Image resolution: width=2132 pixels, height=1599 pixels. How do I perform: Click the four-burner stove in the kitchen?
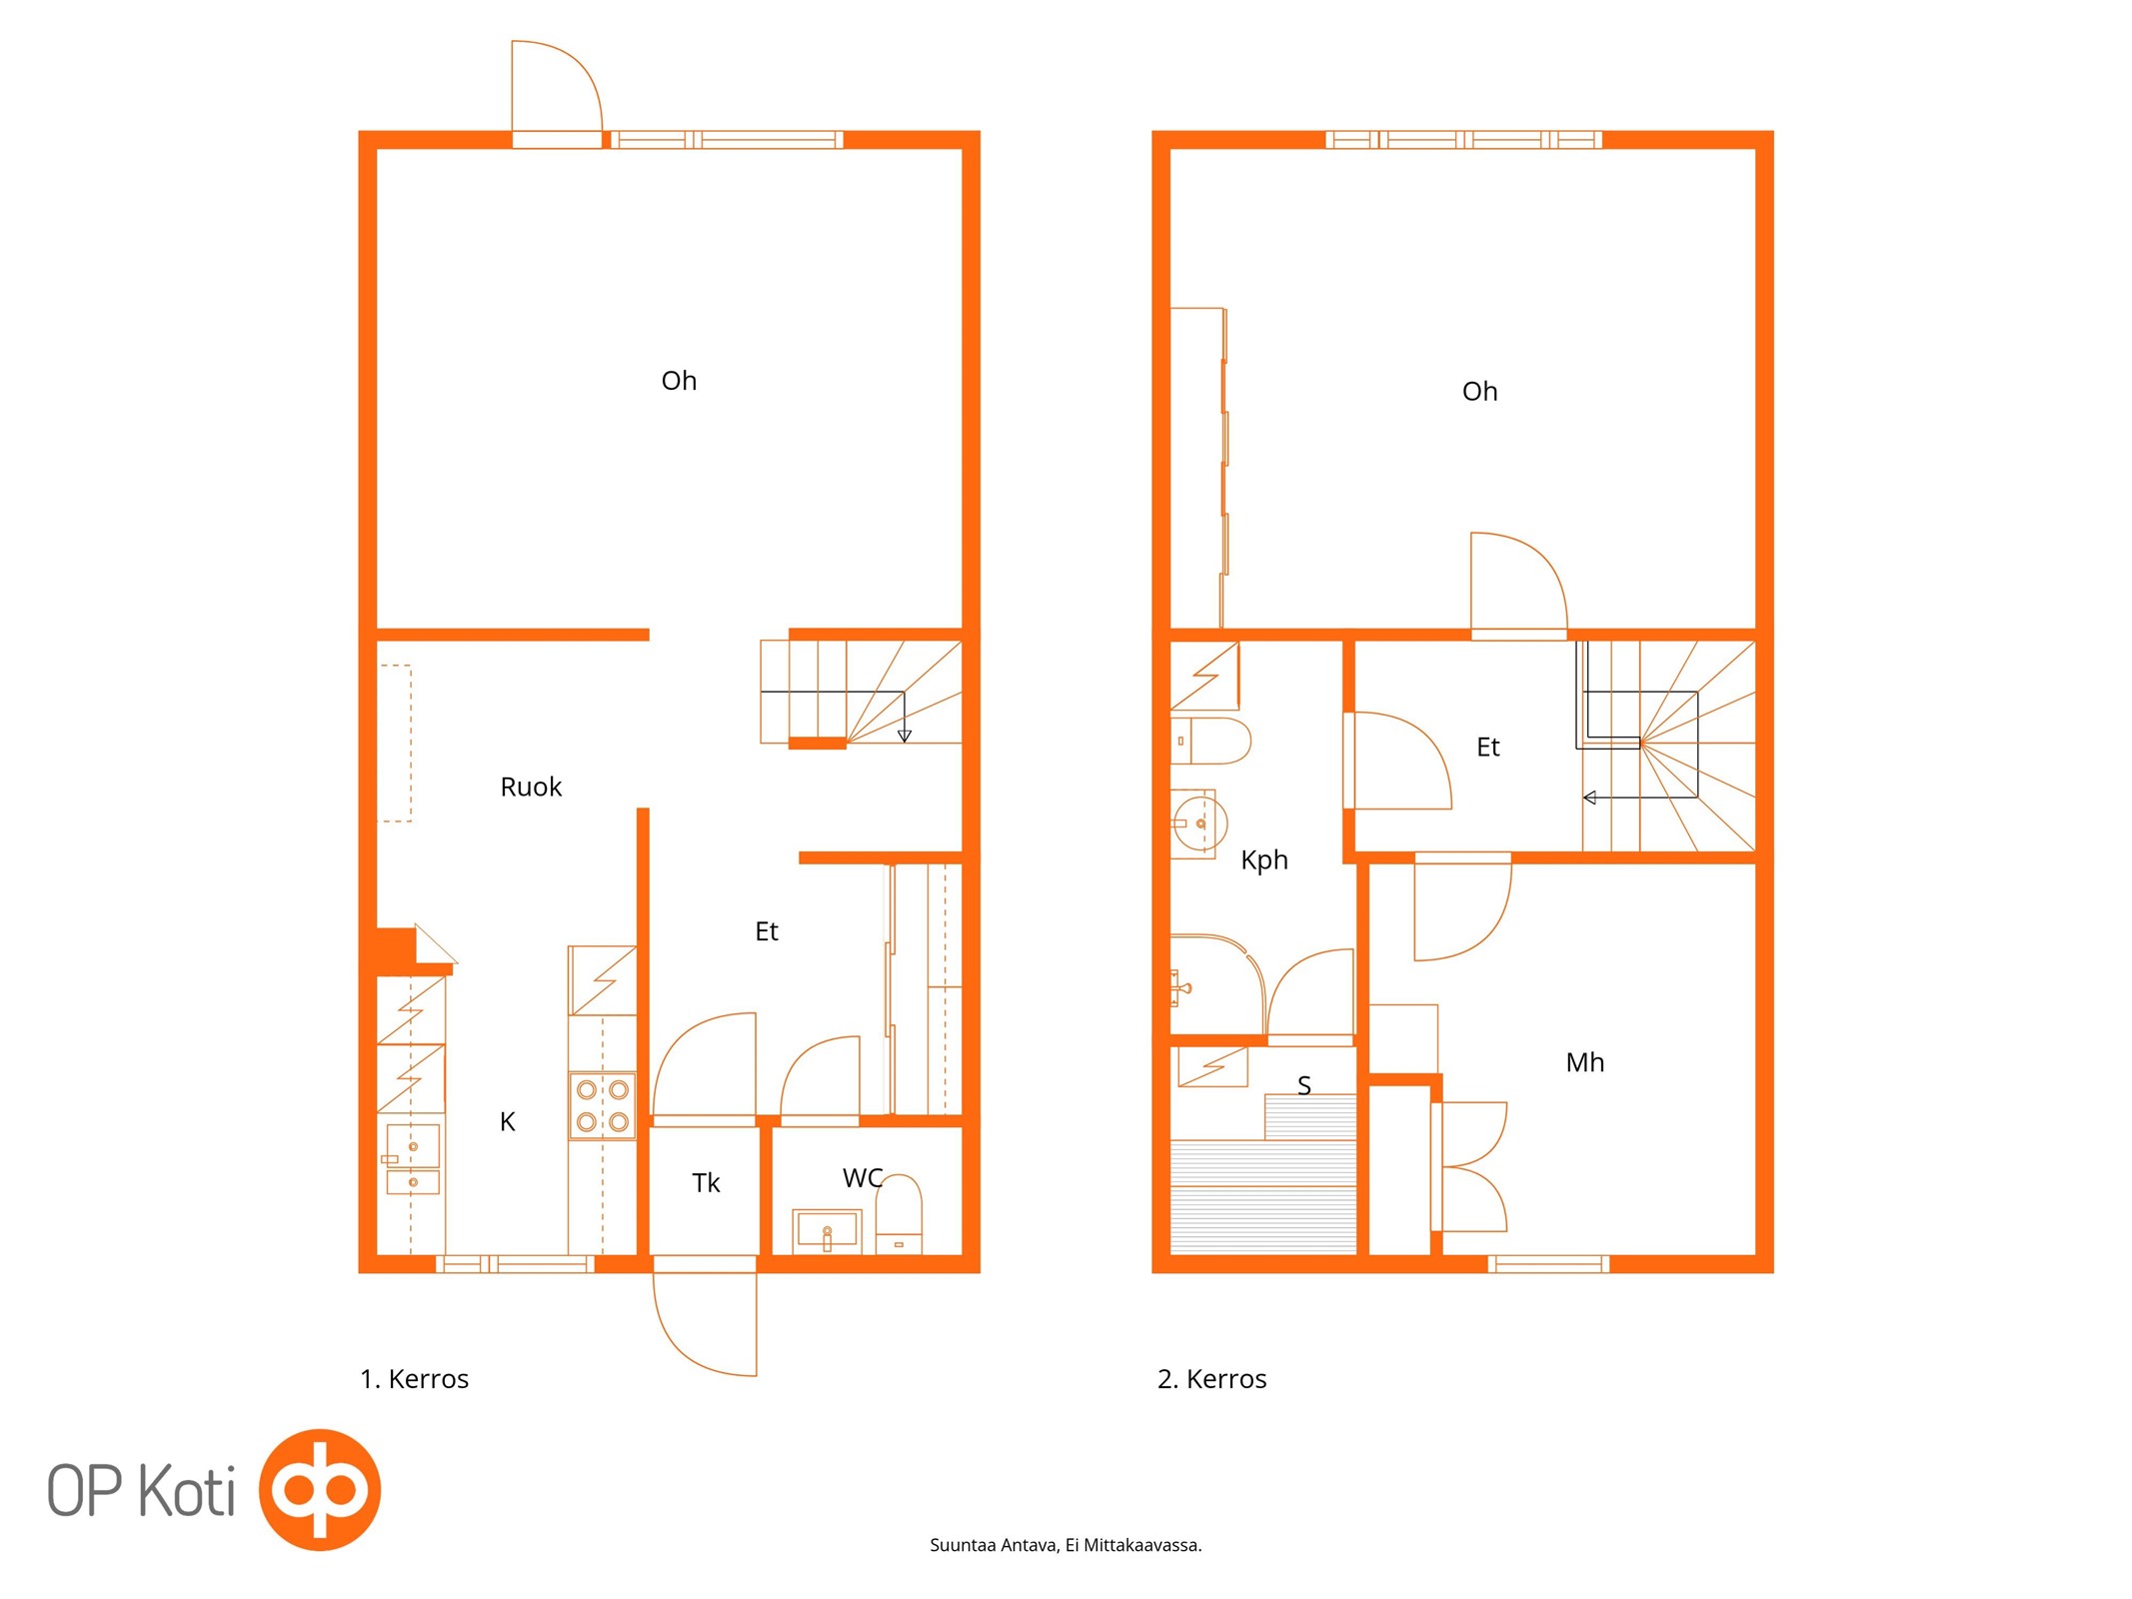(602, 1105)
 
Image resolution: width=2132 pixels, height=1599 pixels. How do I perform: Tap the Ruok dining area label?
(531, 788)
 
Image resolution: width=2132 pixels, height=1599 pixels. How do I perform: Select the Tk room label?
(706, 1183)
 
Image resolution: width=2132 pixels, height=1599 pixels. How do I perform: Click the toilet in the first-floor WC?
(899, 1215)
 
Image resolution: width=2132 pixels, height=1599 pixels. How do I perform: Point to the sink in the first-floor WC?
(827, 1231)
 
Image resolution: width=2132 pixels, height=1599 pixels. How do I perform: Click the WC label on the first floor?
(862, 1178)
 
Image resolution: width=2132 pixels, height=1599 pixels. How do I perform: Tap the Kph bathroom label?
(1264, 860)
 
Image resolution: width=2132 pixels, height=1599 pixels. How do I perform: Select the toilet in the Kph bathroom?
(1210, 741)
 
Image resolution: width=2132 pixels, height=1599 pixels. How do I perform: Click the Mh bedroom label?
(1585, 1062)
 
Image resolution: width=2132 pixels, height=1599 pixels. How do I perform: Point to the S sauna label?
(1303, 1085)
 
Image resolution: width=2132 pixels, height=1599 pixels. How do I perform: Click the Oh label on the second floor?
(1479, 392)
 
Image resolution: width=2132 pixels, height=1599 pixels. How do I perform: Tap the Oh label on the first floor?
(679, 381)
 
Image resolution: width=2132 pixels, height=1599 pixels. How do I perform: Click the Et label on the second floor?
(1488, 748)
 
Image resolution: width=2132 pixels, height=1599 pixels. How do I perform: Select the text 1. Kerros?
(414, 1379)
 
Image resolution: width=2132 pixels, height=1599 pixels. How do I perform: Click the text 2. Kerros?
(1211, 1379)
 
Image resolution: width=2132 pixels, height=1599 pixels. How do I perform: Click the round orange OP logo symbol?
(320, 1490)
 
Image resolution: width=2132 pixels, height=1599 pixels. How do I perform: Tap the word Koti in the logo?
(186, 1491)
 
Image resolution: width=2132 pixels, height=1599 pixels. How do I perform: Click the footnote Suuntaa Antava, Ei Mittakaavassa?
(1066, 1545)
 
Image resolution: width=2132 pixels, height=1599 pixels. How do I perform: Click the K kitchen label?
(507, 1122)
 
